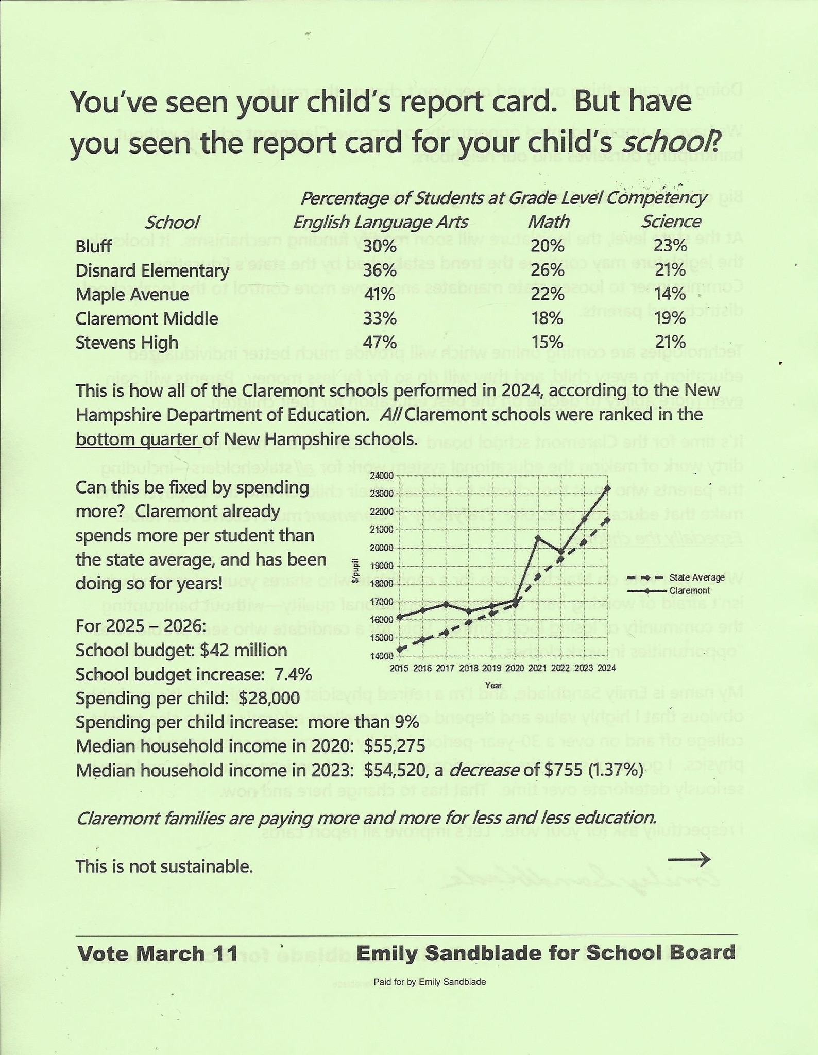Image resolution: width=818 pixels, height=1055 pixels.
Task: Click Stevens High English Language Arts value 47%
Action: (380, 343)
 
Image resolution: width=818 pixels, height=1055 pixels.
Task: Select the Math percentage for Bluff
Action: (548, 246)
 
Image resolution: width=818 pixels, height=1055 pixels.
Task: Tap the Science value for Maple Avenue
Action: (670, 295)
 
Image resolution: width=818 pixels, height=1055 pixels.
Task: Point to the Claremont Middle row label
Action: (147, 319)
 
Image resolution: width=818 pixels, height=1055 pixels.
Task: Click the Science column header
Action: (671, 222)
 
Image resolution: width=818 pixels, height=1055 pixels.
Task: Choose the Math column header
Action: (549, 222)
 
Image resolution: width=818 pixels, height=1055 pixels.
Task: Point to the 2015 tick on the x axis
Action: (399, 668)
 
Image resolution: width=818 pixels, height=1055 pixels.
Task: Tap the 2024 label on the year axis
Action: (607, 668)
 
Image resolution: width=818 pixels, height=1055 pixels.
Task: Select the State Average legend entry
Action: (697, 578)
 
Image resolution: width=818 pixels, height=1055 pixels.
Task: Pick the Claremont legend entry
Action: (690, 591)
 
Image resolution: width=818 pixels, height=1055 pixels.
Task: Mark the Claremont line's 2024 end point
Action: (608, 487)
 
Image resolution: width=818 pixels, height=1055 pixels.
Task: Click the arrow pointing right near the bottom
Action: (689, 859)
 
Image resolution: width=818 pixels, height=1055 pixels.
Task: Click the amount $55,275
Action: (394, 746)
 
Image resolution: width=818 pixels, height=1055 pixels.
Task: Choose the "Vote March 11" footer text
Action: (158, 954)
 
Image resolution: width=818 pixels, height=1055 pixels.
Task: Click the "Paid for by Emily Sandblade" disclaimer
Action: (430, 982)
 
